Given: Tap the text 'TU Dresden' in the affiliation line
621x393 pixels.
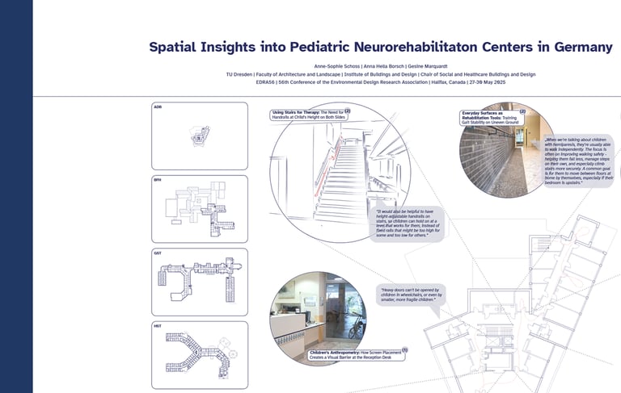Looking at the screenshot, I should (241, 74).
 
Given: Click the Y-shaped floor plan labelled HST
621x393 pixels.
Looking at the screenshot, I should (199, 355).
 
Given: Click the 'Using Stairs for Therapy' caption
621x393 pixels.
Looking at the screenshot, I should (310, 115).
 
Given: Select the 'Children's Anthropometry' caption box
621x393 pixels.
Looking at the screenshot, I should (357, 353).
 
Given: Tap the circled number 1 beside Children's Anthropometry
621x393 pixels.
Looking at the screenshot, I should (404, 350).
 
